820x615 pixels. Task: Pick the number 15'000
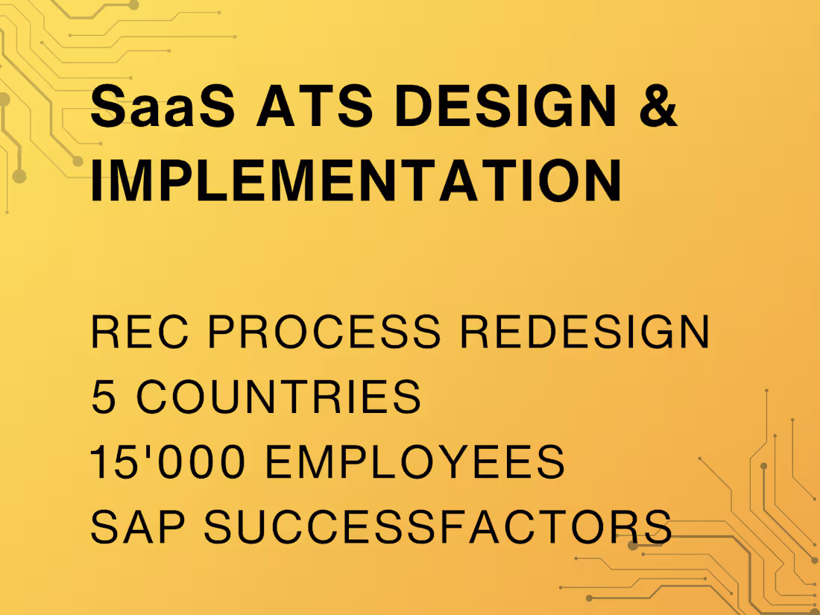click(x=168, y=462)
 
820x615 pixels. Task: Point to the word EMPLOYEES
click(x=414, y=462)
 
